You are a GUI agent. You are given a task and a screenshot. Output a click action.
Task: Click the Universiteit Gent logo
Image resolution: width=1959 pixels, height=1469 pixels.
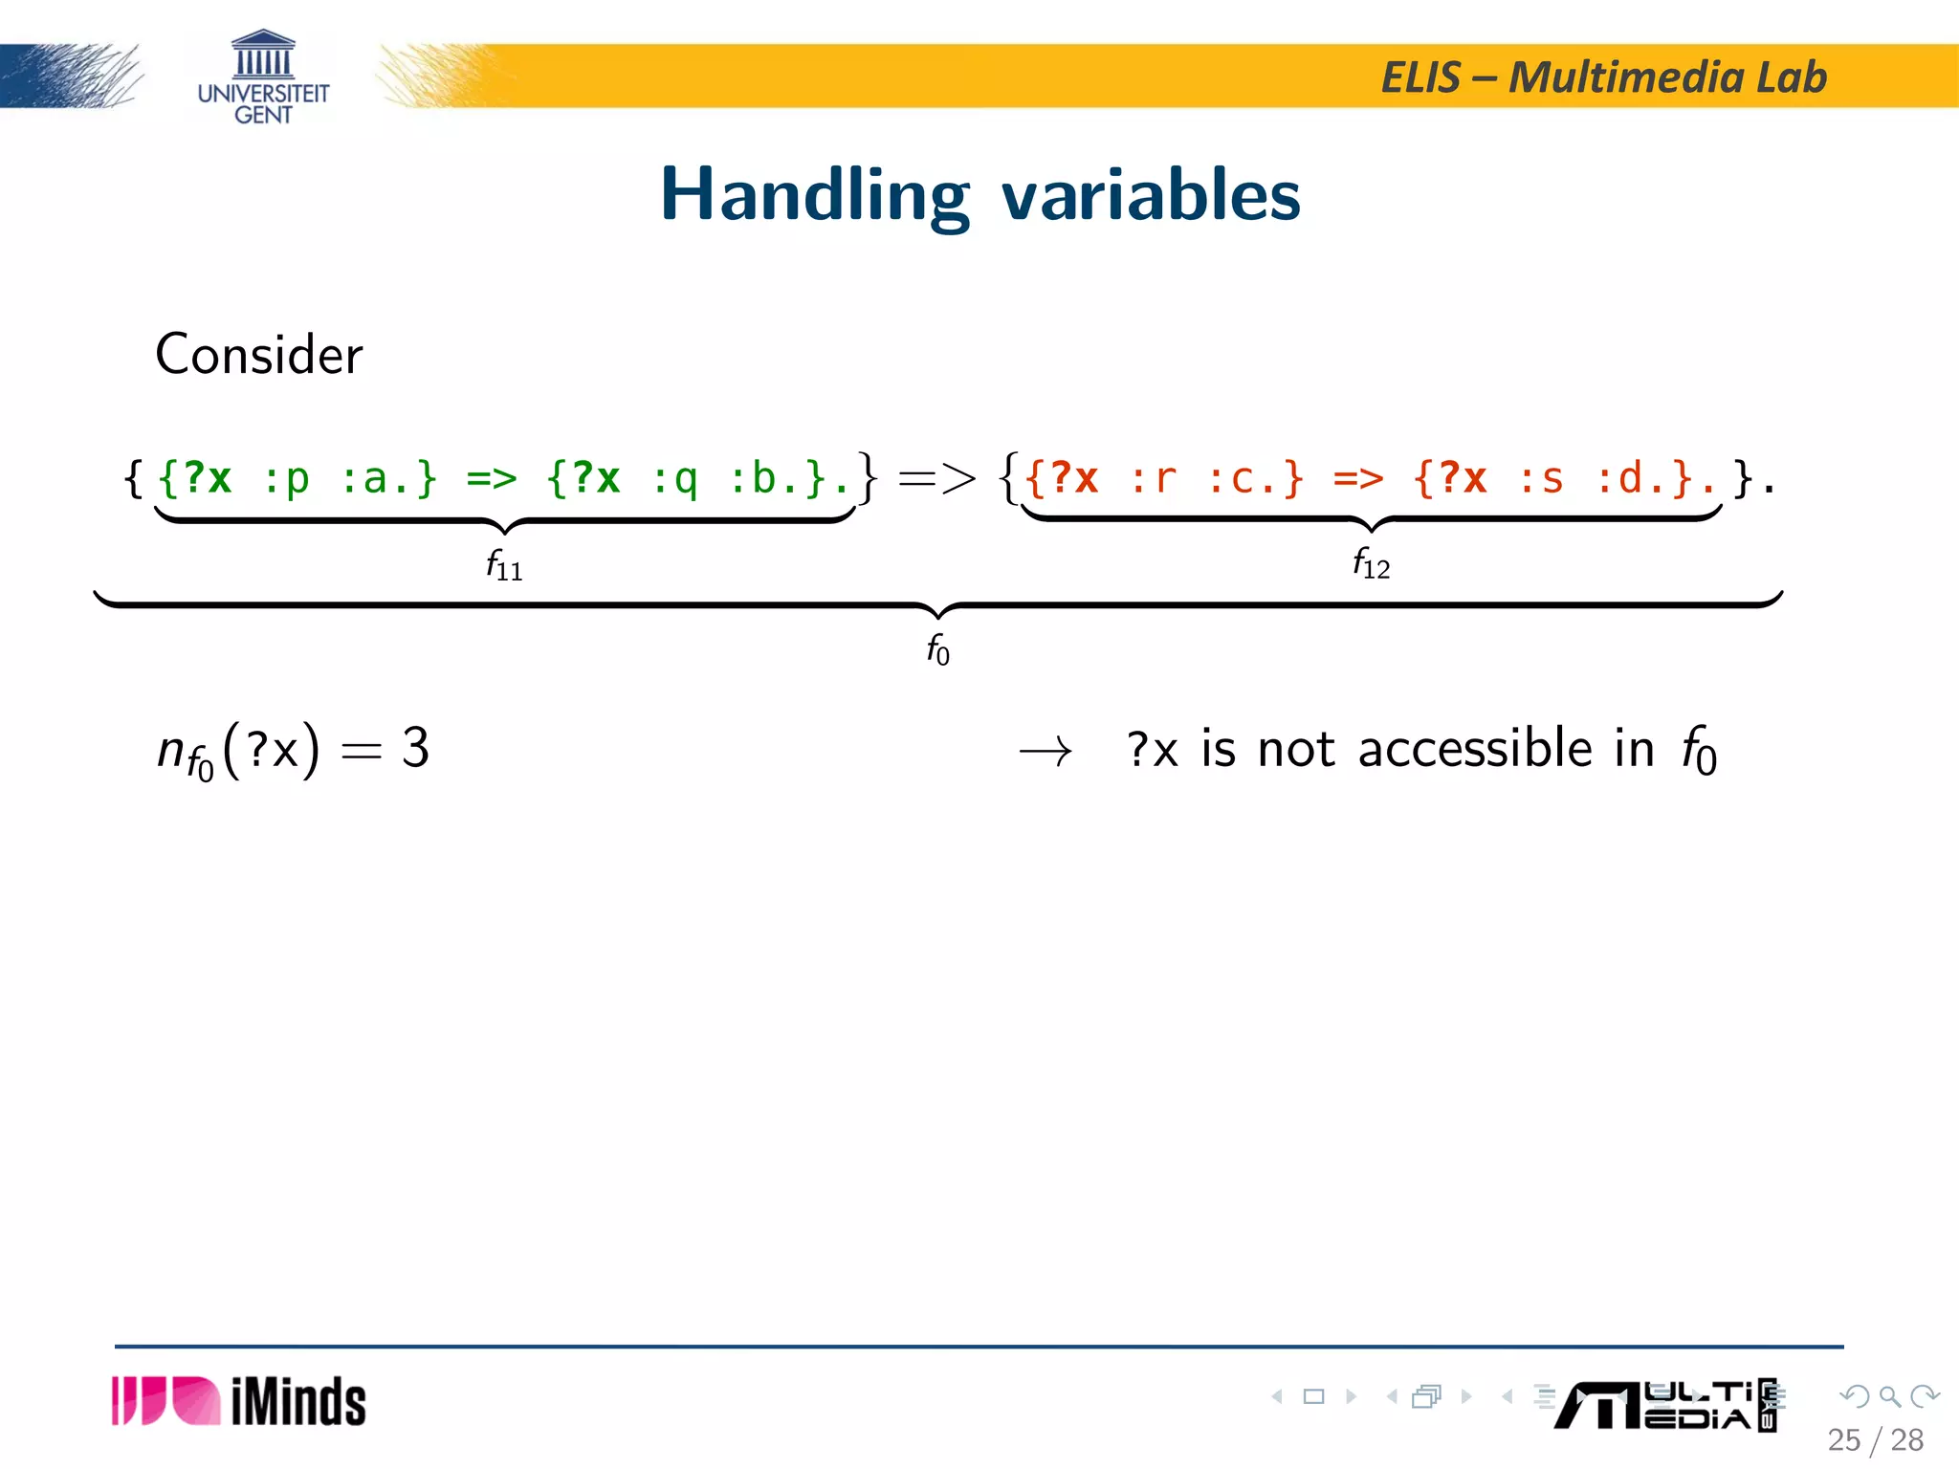click(x=263, y=78)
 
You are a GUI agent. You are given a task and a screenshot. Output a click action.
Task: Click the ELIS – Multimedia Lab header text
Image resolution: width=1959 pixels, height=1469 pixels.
click(x=1604, y=77)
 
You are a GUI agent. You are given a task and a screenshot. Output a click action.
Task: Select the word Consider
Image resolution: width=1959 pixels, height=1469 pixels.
click(x=258, y=355)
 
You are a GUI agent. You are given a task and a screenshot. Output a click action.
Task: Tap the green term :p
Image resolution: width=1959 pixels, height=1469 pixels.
click(x=286, y=478)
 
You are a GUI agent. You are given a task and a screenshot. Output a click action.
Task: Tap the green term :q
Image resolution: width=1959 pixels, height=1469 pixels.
click(x=674, y=478)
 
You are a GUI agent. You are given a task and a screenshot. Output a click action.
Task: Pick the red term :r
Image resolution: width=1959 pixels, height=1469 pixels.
click(x=1153, y=478)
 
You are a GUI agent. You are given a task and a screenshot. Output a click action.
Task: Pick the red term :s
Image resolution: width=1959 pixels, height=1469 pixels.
click(x=1541, y=478)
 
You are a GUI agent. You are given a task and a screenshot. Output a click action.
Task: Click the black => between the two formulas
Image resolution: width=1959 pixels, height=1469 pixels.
click(x=937, y=478)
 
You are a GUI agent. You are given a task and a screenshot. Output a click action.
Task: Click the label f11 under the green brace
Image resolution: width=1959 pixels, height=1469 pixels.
click(x=504, y=565)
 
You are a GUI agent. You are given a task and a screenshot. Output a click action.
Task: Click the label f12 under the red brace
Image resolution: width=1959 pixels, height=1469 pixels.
click(x=1371, y=563)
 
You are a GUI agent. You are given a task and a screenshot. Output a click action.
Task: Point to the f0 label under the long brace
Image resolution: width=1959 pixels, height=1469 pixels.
click(x=937, y=650)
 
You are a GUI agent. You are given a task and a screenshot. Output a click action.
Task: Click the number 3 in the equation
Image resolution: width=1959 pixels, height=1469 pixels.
click(x=415, y=748)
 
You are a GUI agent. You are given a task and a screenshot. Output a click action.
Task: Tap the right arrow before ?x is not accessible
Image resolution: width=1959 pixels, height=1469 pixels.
click(x=1046, y=753)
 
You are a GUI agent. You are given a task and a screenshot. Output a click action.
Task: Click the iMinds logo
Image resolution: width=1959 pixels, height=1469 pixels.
click(x=238, y=1402)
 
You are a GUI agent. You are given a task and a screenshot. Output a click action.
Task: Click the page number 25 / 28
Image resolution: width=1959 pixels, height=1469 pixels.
click(x=1875, y=1440)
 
